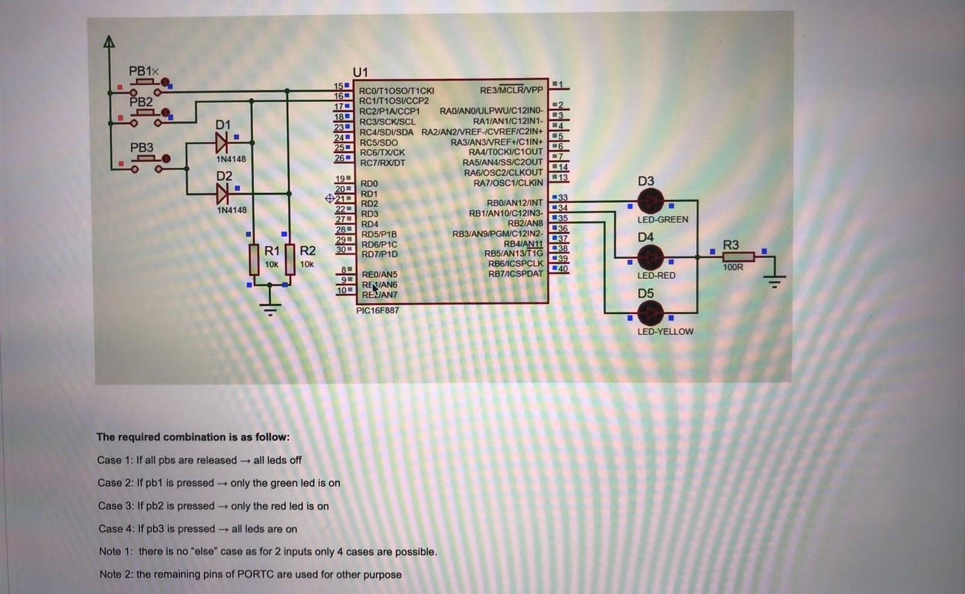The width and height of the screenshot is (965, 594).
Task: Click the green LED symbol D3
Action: click(x=650, y=201)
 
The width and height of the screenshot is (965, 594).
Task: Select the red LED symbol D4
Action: click(x=650, y=257)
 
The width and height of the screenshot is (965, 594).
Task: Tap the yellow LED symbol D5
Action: click(x=650, y=313)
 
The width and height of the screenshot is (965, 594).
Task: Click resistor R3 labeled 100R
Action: click(x=738, y=257)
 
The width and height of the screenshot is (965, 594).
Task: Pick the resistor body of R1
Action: click(x=254, y=259)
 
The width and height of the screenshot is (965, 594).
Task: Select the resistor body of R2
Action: click(x=289, y=259)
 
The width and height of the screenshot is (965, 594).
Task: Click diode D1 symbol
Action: click(x=221, y=143)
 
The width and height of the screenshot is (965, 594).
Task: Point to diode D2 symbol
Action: click(x=222, y=194)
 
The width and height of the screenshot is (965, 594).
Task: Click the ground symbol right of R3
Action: click(x=774, y=280)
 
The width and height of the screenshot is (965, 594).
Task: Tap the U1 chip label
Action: click(x=360, y=72)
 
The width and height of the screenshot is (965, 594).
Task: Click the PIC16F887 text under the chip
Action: click(x=378, y=310)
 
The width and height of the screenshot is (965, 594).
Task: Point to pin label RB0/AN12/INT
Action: click(x=514, y=203)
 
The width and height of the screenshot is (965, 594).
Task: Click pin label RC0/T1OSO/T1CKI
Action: click(x=396, y=91)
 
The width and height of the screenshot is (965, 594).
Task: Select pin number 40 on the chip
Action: click(x=562, y=269)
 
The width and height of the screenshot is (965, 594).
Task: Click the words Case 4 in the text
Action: click(x=113, y=529)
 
